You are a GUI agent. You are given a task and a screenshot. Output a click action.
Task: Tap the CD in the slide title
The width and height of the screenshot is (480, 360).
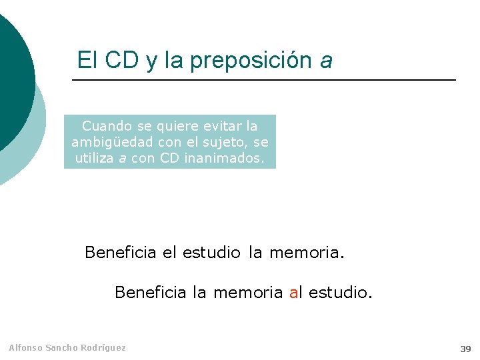click(122, 60)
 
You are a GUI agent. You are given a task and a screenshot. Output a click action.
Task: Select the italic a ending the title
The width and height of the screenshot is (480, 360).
click(326, 61)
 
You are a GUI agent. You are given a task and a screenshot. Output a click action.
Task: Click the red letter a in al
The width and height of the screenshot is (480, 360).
click(293, 293)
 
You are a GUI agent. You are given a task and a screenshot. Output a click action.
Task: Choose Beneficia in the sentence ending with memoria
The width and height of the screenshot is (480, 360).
click(121, 253)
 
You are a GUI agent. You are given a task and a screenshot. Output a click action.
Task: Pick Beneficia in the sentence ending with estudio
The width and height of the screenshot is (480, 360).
click(151, 293)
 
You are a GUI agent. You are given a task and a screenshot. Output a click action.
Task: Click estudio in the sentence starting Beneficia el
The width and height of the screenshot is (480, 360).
click(211, 253)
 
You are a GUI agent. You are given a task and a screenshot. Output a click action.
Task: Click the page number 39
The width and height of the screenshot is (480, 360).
click(465, 349)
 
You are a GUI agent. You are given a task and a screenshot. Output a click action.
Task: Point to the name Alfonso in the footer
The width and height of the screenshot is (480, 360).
click(25, 347)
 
